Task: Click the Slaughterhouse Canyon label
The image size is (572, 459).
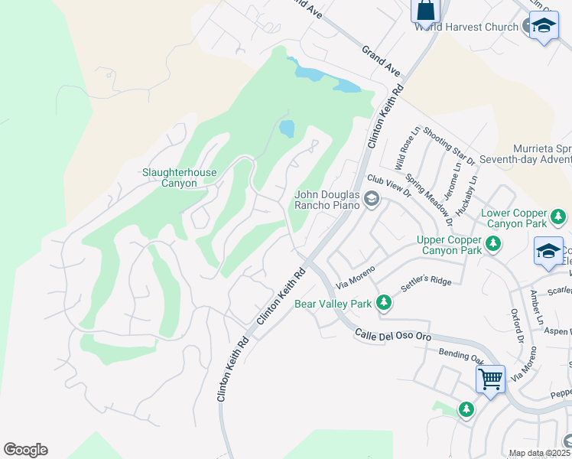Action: click(x=180, y=177)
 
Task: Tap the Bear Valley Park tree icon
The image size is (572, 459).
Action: click(x=383, y=304)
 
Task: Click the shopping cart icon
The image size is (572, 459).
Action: click(x=490, y=377)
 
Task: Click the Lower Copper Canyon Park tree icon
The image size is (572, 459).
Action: click(x=559, y=218)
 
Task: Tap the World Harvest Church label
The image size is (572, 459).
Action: click(x=466, y=28)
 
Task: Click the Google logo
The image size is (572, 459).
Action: click(x=25, y=450)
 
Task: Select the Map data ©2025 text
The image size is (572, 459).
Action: click(x=539, y=453)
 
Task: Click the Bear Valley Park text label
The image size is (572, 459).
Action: click(x=333, y=304)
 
